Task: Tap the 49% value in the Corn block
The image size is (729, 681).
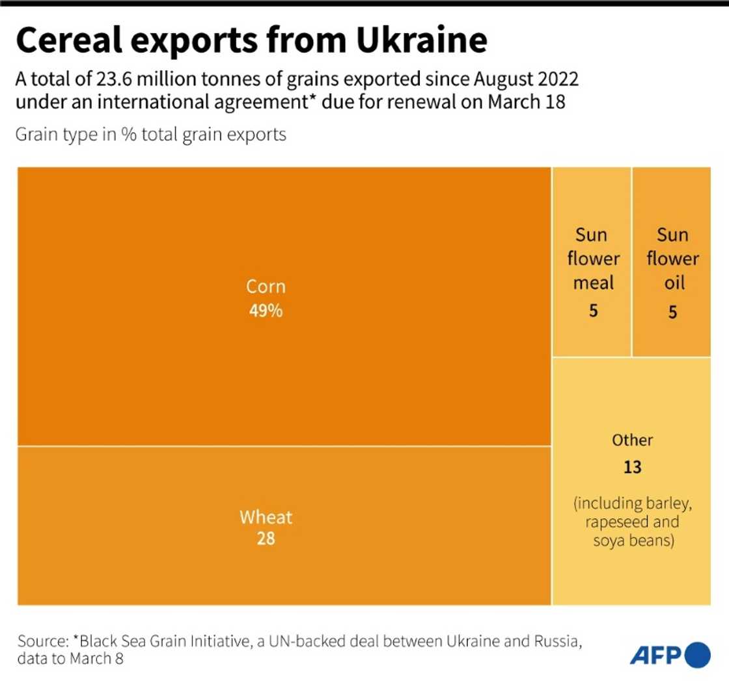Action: (266, 311)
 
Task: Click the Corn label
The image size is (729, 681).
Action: (266, 286)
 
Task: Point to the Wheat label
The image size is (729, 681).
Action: (266, 518)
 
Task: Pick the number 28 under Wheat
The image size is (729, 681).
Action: (266, 539)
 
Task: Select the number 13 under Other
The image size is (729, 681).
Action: (632, 467)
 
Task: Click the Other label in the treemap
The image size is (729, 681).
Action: (632, 440)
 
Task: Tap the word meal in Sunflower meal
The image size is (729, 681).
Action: (593, 283)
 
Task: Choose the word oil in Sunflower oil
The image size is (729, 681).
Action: (672, 283)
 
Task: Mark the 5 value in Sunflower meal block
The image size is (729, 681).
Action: (593, 311)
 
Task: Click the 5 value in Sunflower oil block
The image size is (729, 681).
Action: (672, 313)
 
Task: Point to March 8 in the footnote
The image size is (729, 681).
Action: (96, 659)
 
